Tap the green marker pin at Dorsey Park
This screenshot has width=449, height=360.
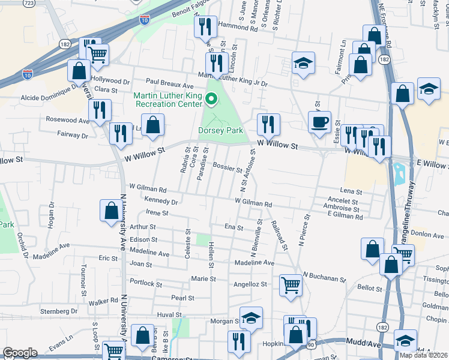coord(211,100)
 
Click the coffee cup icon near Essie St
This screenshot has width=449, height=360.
coord(319,122)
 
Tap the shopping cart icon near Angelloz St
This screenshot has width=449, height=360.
coord(291,285)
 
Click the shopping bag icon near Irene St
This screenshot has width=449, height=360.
coord(111,211)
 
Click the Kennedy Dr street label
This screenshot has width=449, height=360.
coord(161,202)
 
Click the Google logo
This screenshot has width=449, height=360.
coord(20,353)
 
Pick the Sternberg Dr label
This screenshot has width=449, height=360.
coord(59,311)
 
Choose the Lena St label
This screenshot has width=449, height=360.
coord(352,191)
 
